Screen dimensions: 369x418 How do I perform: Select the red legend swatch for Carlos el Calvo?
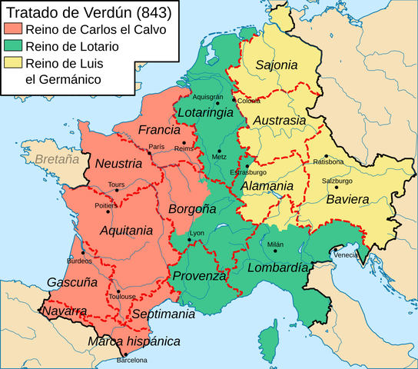click(x=15, y=30)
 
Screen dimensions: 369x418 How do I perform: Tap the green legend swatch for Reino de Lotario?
click(x=15, y=47)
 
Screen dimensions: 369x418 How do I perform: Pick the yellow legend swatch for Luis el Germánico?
click(x=15, y=64)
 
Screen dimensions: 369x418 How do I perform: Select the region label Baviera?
click(x=347, y=199)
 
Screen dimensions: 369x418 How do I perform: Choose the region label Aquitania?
click(x=125, y=230)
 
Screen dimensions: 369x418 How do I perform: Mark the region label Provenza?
click(x=199, y=276)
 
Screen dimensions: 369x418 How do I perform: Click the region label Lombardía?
click(x=277, y=267)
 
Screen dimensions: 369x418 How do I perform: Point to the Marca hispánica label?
click(x=134, y=341)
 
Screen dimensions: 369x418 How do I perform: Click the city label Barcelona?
click(x=131, y=359)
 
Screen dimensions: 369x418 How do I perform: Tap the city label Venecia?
click(x=345, y=254)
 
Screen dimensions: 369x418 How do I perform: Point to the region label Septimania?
click(x=163, y=314)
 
